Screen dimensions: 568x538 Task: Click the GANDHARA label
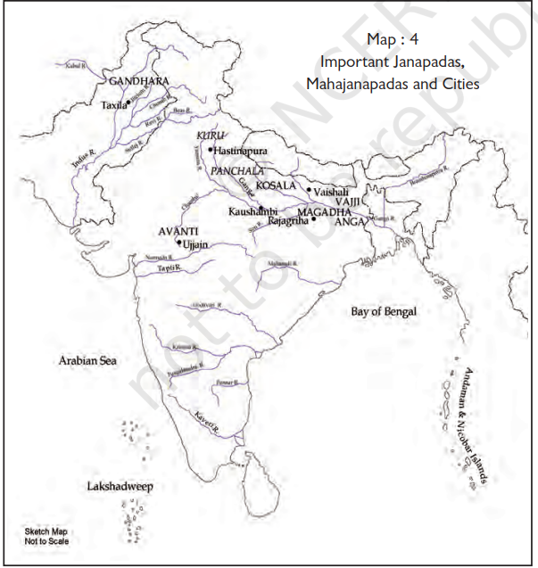pyautogui.click(x=138, y=81)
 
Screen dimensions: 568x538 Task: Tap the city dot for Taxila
pyautogui.click(x=128, y=103)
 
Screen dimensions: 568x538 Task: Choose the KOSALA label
pyautogui.click(x=275, y=185)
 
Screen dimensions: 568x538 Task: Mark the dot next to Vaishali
pyautogui.click(x=310, y=190)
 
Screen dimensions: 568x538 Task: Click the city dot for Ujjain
pyautogui.click(x=178, y=243)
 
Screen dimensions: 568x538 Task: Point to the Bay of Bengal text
pyautogui.click(x=384, y=311)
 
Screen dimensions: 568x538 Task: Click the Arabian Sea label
pyautogui.click(x=87, y=361)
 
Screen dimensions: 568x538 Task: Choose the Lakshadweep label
pyautogui.click(x=121, y=488)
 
